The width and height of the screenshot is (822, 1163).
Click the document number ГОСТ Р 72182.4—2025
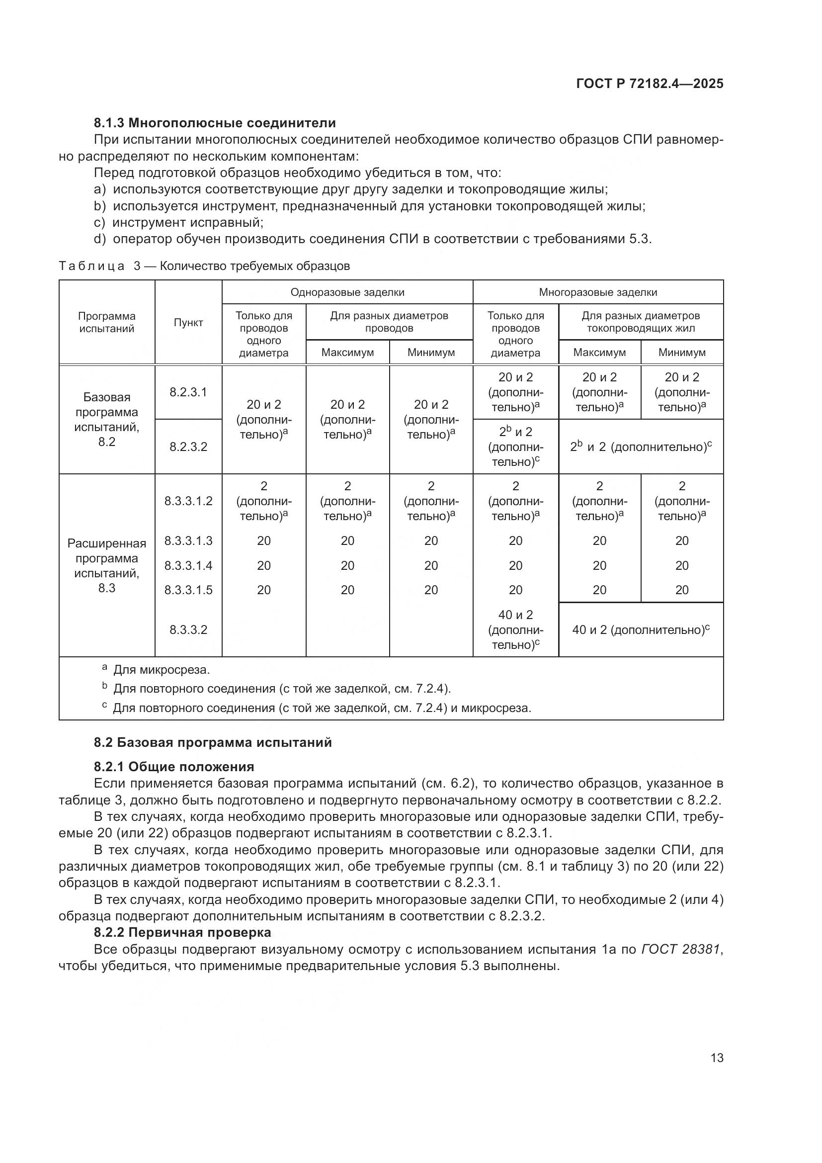[650, 84]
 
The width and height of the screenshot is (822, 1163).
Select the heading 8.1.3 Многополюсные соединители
[215, 123]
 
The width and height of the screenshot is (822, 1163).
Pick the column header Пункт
[188, 323]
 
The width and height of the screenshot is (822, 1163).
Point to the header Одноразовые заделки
[347, 292]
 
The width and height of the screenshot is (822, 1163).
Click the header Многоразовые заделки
[598, 292]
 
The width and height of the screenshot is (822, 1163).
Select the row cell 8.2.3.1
[188, 392]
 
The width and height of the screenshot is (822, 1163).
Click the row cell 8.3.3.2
[188, 629]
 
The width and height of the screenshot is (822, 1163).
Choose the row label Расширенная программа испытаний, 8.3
[107, 565]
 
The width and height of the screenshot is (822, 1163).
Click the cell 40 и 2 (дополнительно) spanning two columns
[641, 629]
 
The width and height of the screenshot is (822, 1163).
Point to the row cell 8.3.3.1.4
[188, 565]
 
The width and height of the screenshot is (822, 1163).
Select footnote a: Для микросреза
[160, 670]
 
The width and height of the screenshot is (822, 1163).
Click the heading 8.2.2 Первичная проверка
[182, 932]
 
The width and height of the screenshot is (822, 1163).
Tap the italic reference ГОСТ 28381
[680, 949]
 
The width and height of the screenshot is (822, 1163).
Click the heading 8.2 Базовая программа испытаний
[213, 742]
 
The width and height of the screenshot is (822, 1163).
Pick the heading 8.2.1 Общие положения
[173, 766]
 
